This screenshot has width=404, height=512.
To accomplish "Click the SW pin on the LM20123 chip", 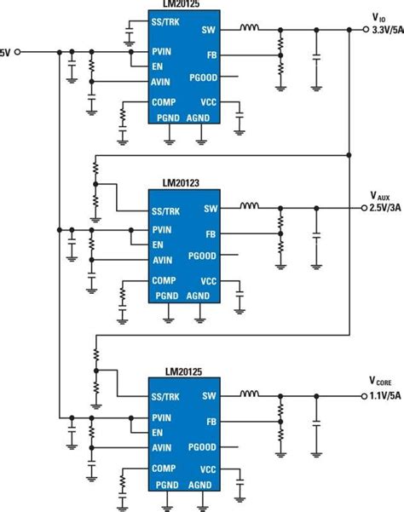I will tap(210, 208).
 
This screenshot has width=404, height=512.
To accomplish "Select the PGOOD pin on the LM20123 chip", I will tap(202, 256).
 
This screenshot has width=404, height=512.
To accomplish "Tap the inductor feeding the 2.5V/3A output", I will tap(250, 207).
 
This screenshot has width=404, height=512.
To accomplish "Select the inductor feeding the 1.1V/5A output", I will tap(250, 395).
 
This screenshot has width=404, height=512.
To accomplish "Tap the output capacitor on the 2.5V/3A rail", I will tap(316, 233).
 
